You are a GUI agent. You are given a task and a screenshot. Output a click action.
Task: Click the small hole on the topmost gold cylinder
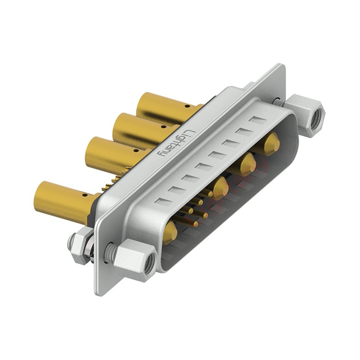(x=188, y=107)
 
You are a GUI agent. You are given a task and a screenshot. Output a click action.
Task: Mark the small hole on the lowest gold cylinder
(x=85, y=196)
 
